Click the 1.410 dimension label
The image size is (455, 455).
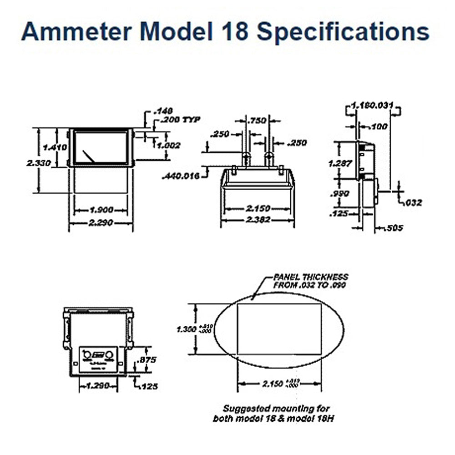[x=55, y=147]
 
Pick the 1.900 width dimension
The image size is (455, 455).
[x=101, y=210]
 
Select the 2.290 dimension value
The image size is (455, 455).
[x=101, y=223]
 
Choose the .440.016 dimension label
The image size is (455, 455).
[x=181, y=176]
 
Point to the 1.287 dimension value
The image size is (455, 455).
[x=339, y=162]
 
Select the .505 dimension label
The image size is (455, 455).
[x=394, y=228]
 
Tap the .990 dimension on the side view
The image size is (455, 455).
[x=339, y=193]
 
